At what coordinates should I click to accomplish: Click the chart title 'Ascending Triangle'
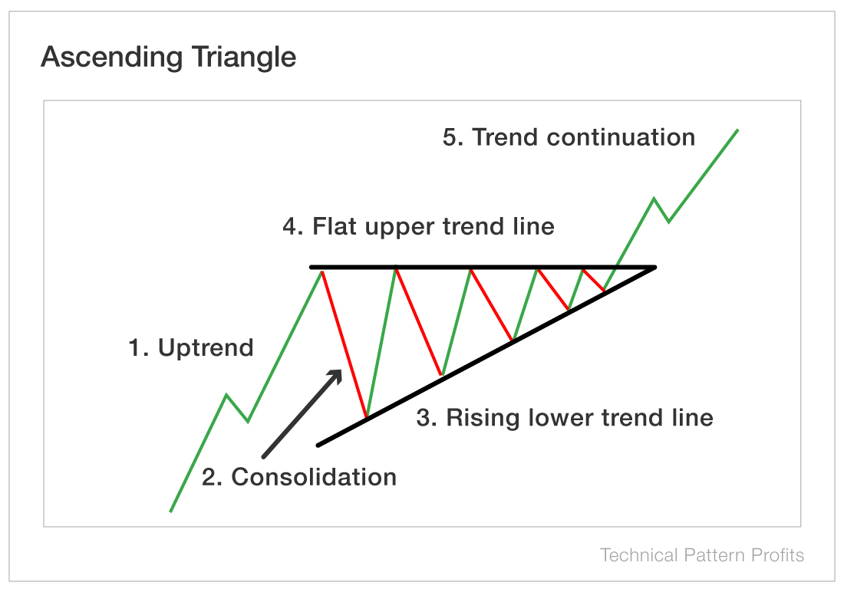click(x=168, y=58)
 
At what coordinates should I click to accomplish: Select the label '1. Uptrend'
click(x=190, y=348)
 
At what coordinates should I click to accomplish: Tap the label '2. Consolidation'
click(x=299, y=477)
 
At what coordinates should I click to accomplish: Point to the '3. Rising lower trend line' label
click(x=565, y=418)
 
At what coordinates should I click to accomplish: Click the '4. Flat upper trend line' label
click(x=418, y=227)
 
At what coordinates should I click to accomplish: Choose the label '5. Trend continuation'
click(x=569, y=137)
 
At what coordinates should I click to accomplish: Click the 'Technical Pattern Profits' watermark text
click(x=701, y=555)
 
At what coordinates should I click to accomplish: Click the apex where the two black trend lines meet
click(x=654, y=267)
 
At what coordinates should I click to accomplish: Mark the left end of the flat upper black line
click(x=312, y=267)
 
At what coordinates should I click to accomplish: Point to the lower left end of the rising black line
click(x=318, y=445)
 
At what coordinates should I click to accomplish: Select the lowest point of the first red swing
click(x=367, y=417)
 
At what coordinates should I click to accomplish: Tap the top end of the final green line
click(x=737, y=130)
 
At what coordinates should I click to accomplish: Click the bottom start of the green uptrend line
click(x=170, y=511)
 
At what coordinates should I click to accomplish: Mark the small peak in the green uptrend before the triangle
click(x=226, y=395)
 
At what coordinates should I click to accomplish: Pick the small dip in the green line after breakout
click(x=668, y=222)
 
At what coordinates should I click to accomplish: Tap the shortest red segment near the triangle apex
click(x=594, y=279)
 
